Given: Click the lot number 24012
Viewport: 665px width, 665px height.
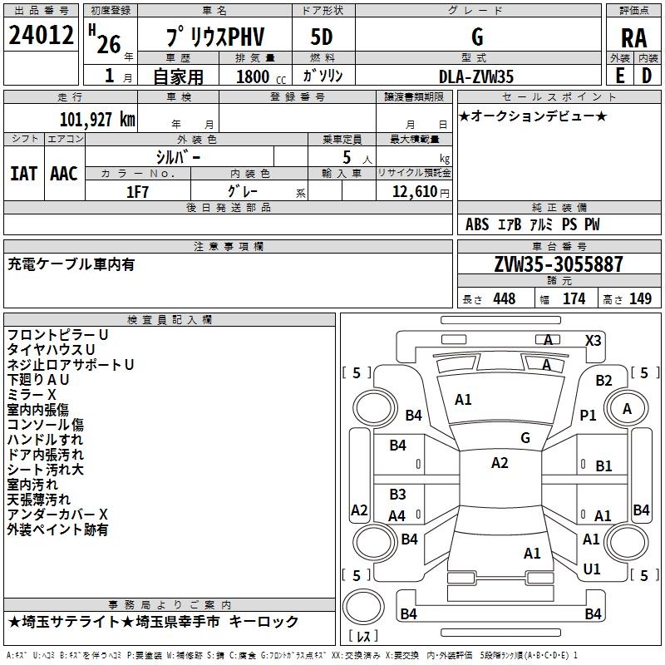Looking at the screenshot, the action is pyautogui.click(x=42, y=37).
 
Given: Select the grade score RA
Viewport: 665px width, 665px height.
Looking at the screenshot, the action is pyautogui.click(x=633, y=37).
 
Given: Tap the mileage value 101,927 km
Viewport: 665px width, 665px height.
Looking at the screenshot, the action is pyautogui.click(x=97, y=119).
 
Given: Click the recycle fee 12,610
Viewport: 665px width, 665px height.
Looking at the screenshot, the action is pyautogui.click(x=413, y=192).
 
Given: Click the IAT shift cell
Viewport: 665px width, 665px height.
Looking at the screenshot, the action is pyautogui.click(x=23, y=173).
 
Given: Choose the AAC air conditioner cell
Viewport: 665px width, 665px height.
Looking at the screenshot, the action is pyautogui.click(x=64, y=173).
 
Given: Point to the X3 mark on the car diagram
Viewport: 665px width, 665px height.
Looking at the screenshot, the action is pyautogui.click(x=594, y=340).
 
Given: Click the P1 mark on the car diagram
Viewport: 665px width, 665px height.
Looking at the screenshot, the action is pyautogui.click(x=589, y=415).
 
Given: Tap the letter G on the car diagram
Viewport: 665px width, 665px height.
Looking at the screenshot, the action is pyautogui.click(x=525, y=437).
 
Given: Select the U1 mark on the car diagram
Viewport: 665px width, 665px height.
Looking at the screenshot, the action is pyautogui.click(x=592, y=569).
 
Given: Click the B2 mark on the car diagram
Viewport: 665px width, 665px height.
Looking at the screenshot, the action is pyautogui.click(x=603, y=381).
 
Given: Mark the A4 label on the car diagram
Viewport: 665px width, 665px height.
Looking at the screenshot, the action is pyautogui.click(x=397, y=516).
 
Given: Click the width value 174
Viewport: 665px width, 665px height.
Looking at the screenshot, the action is pyautogui.click(x=574, y=299).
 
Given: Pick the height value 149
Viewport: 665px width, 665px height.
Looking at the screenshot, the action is pyautogui.click(x=640, y=299).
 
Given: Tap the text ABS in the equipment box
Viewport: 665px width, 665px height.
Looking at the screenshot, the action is pyautogui.click(x=477, y=224).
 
